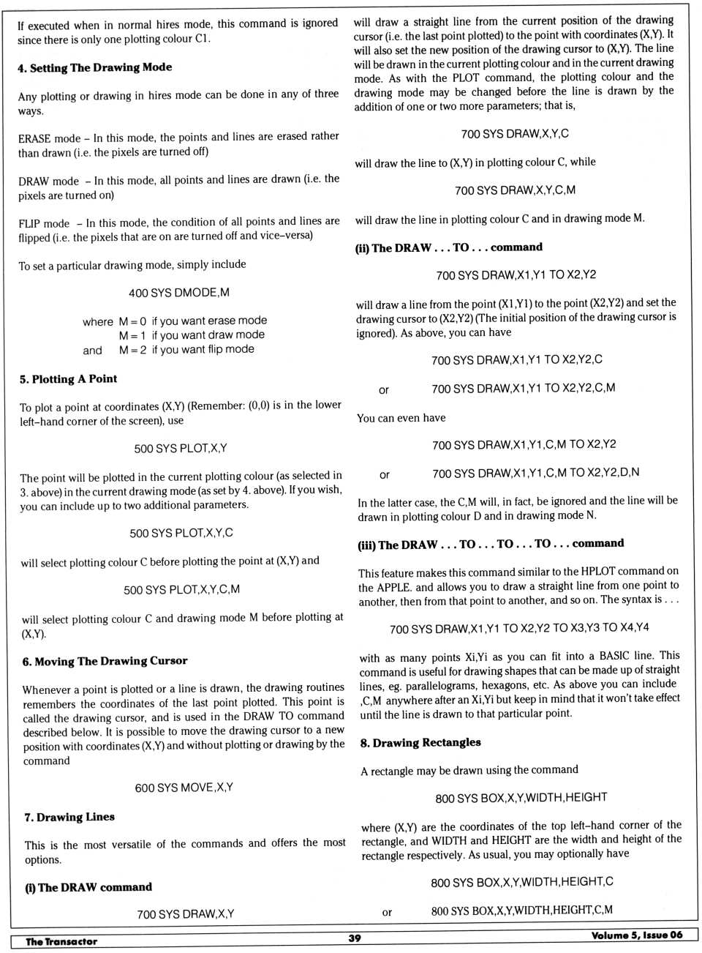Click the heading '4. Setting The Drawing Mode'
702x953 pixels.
[95, 67]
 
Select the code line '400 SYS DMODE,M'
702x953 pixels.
[179, 293]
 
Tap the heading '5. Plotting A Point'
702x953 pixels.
[68, 379]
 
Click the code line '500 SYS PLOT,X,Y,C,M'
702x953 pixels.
[181, 589]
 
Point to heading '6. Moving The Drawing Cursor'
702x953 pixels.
[105, 662]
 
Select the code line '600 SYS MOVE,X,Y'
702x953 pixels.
[184, 788]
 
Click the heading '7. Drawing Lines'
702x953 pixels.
[69, 817]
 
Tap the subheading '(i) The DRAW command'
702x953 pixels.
[88, 887]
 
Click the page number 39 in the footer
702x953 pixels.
[355, 938]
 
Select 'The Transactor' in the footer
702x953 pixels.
[61, 941]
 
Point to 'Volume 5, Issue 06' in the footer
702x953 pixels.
[637, 935]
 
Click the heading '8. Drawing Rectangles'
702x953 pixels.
[420, 742]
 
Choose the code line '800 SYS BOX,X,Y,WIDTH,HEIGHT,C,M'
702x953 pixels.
[521, 911]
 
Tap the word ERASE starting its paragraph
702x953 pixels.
[34, 138]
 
